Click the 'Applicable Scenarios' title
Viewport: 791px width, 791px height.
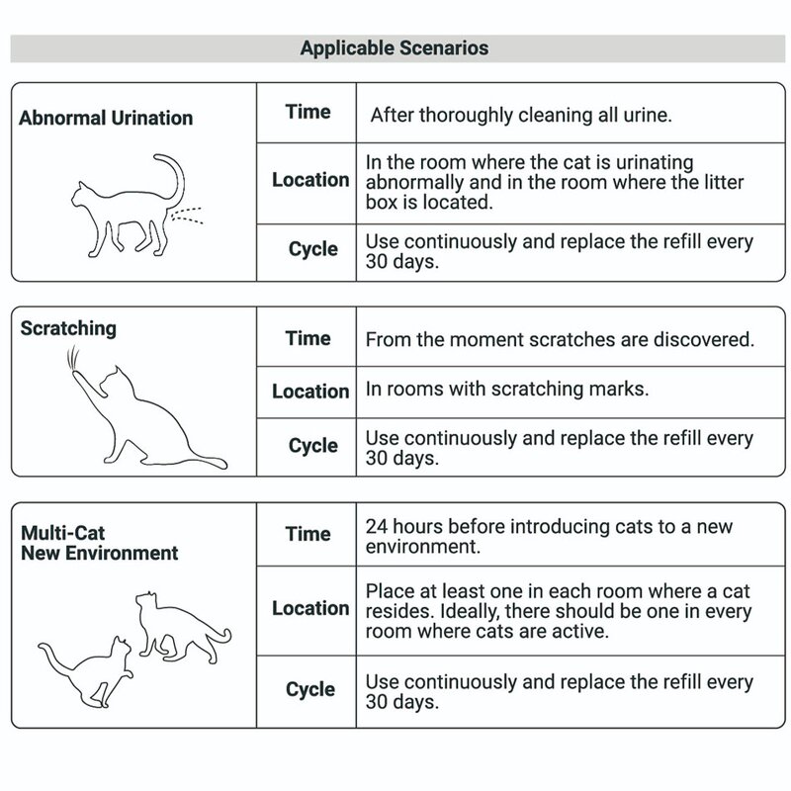pyautogui.click(x=395, y=47)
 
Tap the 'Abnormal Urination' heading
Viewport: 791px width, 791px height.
pyautogui.click(x=106, y=119)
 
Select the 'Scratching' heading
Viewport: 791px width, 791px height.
pyautogui.click(x=68, y=328)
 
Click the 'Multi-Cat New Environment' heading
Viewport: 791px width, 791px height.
pyautogui.click(x=99, y=543)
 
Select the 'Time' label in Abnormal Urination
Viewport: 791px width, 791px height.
pyautogui.click(x=308, y=112)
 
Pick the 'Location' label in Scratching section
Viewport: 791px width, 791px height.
pyautogui.click(x=310, y=391)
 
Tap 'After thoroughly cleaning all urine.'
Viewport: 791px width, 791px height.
pyautogui.click(x=521, y=115)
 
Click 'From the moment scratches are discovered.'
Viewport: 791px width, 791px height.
pyautogui.click(x=560, y=340)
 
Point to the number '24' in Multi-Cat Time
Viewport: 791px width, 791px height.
pyautogui.click(x=377, y=526)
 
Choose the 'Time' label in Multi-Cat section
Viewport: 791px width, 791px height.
pyautogui.click(x=308, y=534)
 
